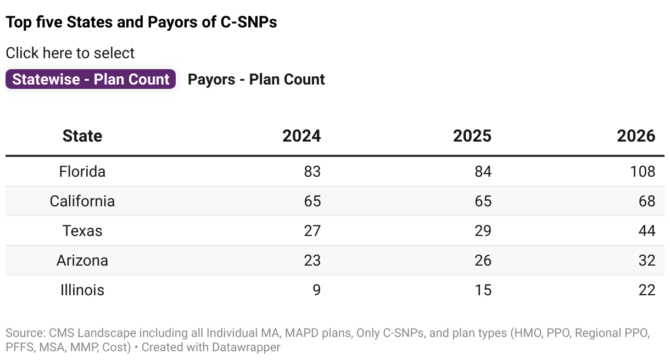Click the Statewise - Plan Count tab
click(x=91, y=79)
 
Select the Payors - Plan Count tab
click(x=256, y=79)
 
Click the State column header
click(x=82, y=136)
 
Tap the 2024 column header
click(x=301, y=136)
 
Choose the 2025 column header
click(x=472, y=136)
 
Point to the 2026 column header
click(x=636, y=136)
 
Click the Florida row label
click(x=82, y=171)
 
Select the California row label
click(x=82, y=201)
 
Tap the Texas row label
click(x=82, y=230)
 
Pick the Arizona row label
click(x=82, y=260)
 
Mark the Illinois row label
click(x=82, y=290)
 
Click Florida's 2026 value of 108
click(x=643, y=171)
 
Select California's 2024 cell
click(x=312, y=201)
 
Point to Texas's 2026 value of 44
click(x=646, y=230)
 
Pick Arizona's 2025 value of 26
click(x=483, y=260)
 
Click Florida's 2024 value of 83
click(x=312, y=171)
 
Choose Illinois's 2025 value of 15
click(x=483, y=290)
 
